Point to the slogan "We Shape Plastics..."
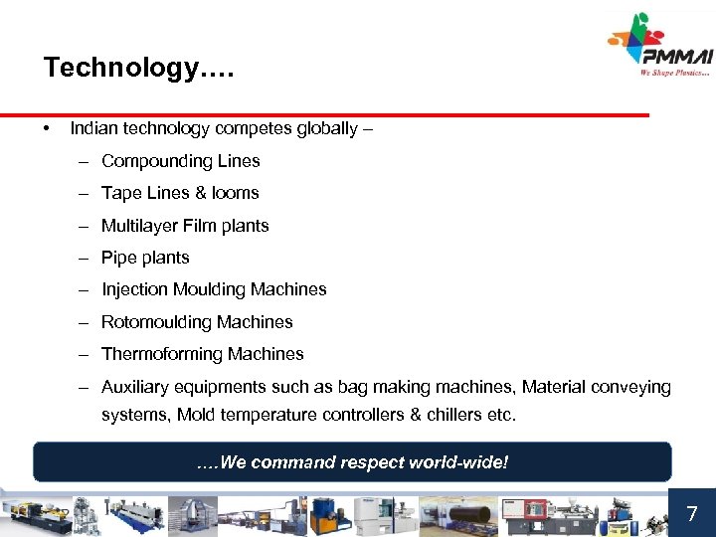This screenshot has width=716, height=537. (675, 72)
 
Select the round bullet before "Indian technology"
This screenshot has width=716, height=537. (47, 129)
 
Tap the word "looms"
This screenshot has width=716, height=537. (235, 193)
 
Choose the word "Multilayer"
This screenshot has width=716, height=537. (140, 226)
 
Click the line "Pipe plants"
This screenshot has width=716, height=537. (145, 258)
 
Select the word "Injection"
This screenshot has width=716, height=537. (134, 289)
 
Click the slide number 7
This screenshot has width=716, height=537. (692, 514)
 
